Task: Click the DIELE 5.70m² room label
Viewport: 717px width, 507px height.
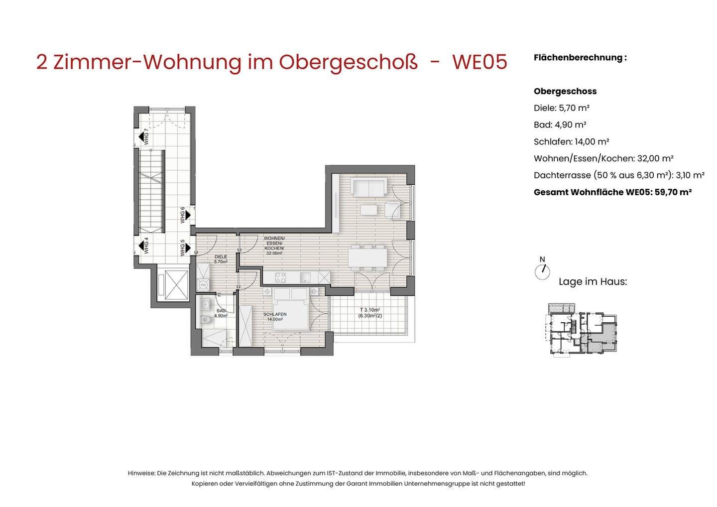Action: [221, 259]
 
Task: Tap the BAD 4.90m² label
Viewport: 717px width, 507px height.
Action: [221, 313]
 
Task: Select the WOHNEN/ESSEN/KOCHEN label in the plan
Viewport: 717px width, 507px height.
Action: [274, 246]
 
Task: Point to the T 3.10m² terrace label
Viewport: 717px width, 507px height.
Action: [370, 312]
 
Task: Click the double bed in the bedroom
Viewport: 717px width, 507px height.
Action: [292, 309]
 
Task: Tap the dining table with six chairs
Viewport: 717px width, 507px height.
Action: [368, 257]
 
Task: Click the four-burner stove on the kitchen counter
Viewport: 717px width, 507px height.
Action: [281, 277]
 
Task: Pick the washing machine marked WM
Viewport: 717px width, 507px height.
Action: [203, 285]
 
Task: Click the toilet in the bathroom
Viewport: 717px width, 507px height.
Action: [205, 321]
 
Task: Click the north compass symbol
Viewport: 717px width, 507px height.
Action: [542, 270]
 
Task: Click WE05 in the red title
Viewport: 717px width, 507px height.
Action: [479, 62]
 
